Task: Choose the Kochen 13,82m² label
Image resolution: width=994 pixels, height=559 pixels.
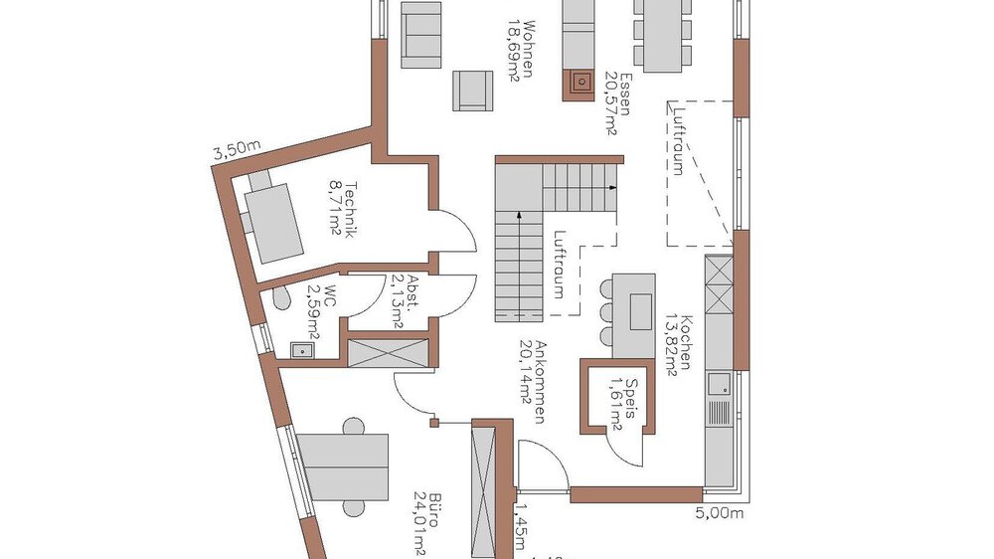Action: coord(677,337)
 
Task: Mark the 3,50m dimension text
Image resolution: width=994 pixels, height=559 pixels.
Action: coord(236,151)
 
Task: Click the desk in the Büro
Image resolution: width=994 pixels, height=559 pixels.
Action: coord(344,465)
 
